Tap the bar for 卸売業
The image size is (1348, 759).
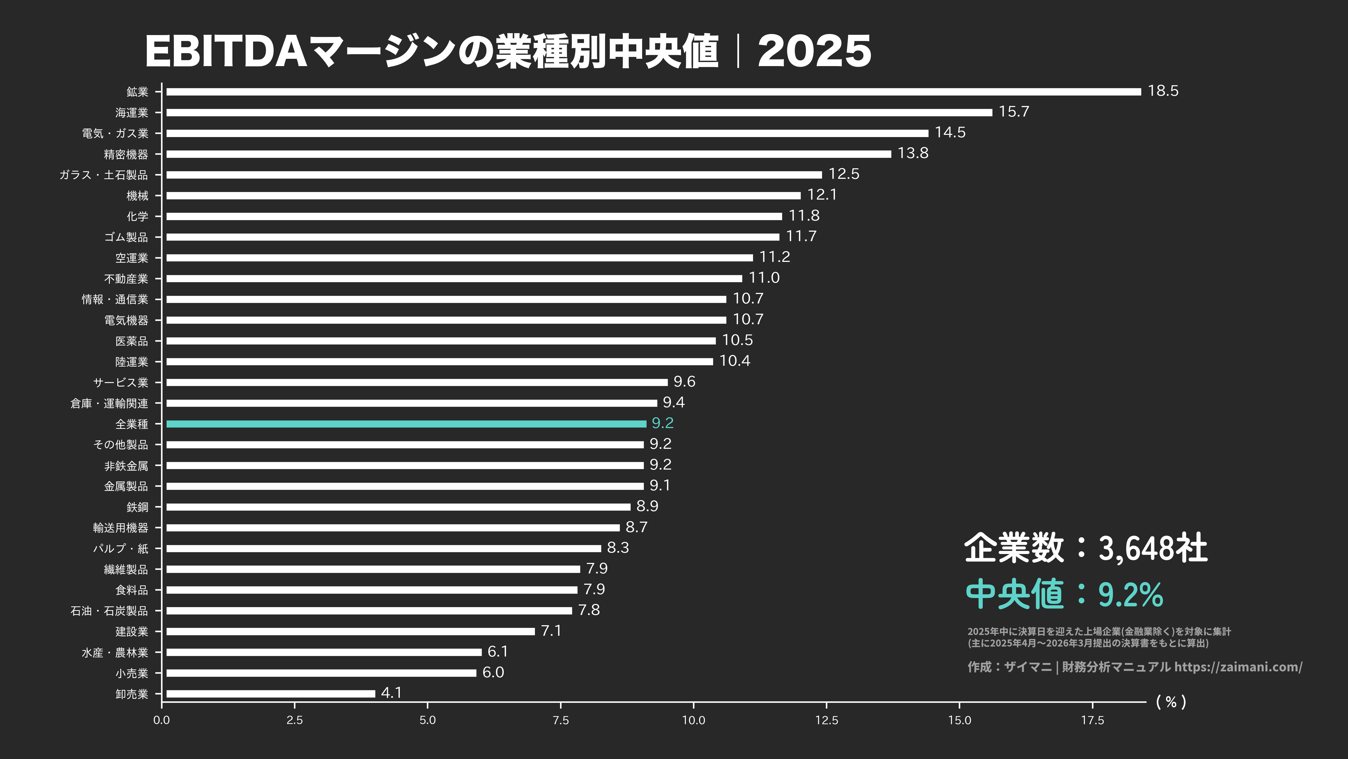pyautogui.click(x=270, y=693)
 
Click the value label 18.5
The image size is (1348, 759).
pyautogui.click(x=1163, y=91)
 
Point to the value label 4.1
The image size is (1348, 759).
pyautogui.click(x=391, y=693)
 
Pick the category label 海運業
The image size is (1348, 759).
pyautogui.click(x=132, y=112)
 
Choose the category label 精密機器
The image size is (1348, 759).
pyautogui.click(x=126, y=155)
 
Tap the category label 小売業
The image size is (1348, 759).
pyautogui.click(x=132, y=673)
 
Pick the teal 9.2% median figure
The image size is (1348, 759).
pyautogui.click(x=1130, y=595)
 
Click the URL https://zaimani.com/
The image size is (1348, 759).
pyautogui.click(x=1238, y=667)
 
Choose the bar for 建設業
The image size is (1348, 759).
pyautogui.click(x=350, y=631)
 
